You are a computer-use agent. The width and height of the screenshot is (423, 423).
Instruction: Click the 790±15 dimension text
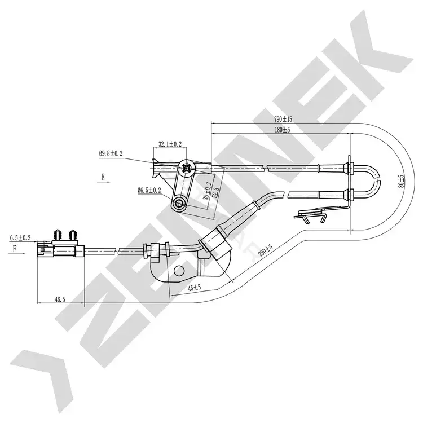click(x=283, y=119)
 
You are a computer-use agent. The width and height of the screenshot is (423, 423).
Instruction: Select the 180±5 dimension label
click(x=283, y=130)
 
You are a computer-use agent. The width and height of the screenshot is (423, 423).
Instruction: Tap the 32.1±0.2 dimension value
click(x=170, y=144)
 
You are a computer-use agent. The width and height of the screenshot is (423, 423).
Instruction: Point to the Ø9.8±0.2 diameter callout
click(x=111, y=154)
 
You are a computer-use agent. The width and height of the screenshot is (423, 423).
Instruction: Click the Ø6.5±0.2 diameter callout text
click(x=149, y=191)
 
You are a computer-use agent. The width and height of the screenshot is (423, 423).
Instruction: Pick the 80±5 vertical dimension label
click(x=402, y=181)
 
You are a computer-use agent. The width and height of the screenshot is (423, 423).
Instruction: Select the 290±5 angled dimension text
click(x=266, y=250)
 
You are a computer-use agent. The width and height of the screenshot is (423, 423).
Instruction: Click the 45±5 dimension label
click(x=195, y=288)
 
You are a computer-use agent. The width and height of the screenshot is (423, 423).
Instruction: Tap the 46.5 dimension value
click(x=60, y=299)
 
